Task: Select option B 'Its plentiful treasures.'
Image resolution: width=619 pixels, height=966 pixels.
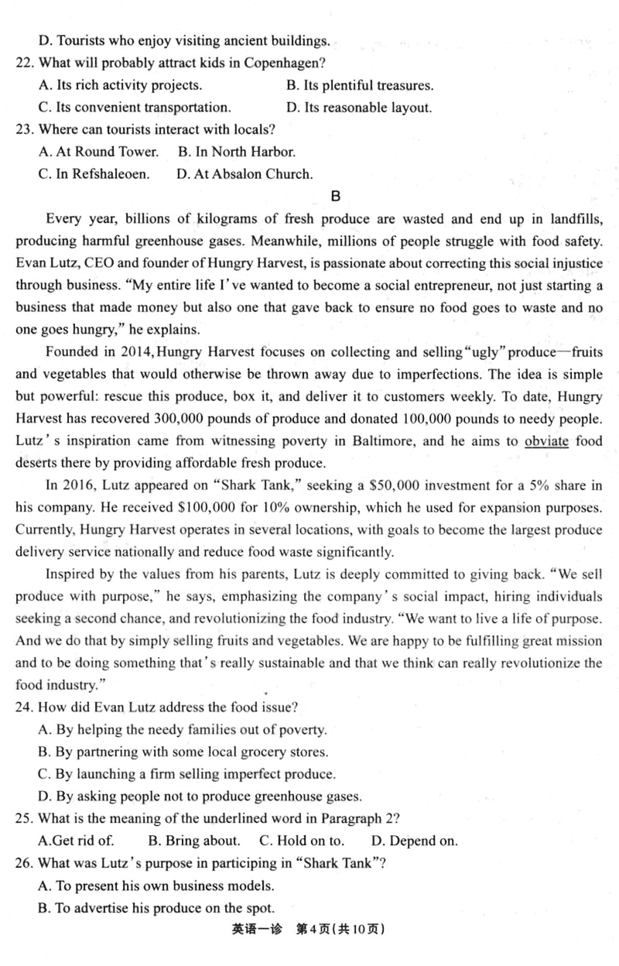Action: coord(360,85)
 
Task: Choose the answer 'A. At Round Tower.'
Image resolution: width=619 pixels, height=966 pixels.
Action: coord(98,152)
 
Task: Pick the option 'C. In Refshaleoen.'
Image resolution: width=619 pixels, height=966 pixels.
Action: coord(94,174)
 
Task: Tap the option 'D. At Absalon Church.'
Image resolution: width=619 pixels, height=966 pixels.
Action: coord(245,174)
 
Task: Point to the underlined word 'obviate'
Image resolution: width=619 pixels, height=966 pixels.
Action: coord(546,442)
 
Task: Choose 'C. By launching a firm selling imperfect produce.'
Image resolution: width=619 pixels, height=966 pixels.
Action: coord(186,774)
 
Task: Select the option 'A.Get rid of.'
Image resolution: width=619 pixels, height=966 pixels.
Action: coord(76,841)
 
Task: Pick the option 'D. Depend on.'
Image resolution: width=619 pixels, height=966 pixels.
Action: coord(414,841)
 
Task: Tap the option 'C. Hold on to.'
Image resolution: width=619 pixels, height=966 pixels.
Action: coord(302,841)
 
